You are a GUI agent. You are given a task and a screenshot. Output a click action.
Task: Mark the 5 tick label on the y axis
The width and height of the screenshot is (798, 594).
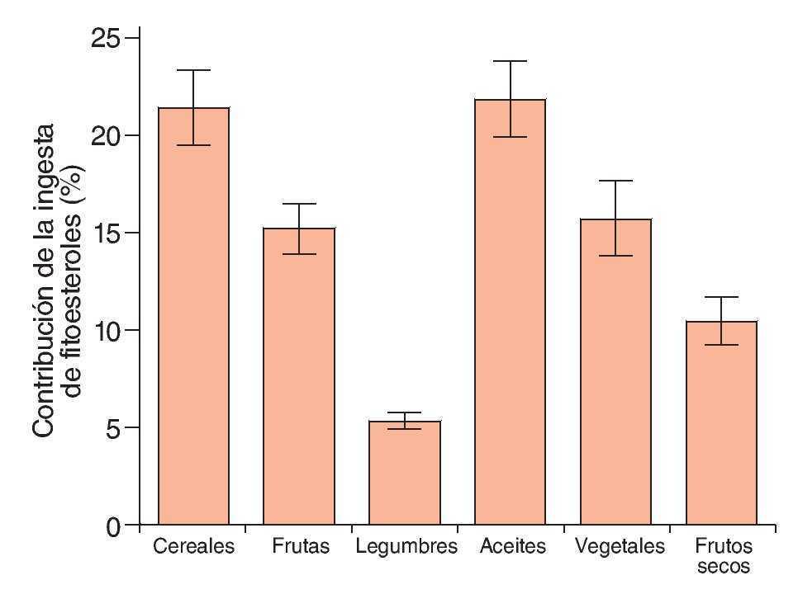[x=112, y=428]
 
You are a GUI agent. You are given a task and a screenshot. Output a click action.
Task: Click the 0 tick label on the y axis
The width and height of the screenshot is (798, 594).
[x=112, y=526]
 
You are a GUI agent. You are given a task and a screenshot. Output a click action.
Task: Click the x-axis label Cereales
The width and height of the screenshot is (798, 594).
[x=193, y=546]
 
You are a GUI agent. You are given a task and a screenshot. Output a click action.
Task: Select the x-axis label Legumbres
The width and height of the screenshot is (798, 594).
[x=406, y=546]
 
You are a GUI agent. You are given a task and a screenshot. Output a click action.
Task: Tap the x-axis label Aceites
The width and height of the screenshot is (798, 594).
[x=512, y=546]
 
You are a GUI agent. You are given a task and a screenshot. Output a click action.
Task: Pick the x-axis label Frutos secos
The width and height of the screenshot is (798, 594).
[x=724, y=556]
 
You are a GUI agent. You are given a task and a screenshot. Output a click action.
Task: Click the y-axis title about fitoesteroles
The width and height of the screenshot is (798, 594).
[x=59, y=280]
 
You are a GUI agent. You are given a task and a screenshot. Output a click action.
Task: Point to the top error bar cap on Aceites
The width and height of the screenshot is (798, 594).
[x=510, y=61]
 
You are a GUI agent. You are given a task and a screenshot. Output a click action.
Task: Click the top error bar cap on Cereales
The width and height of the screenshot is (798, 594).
[x=193, y=70]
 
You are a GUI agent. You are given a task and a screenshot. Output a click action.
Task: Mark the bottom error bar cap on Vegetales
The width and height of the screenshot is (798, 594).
[x=615, y=256]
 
